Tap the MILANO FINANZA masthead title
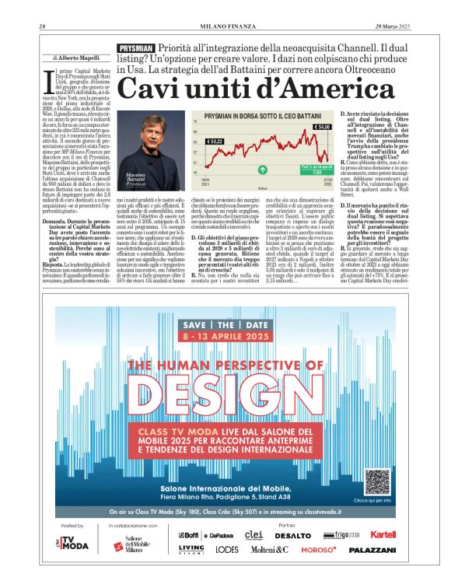tap(226, 28)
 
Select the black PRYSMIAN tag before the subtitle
tap(135, 48)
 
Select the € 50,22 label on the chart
tap(193, 142)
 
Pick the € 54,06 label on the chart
tap(322, 128)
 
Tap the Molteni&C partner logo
tap(269, 549)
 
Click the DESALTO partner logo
tap(292, 536)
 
